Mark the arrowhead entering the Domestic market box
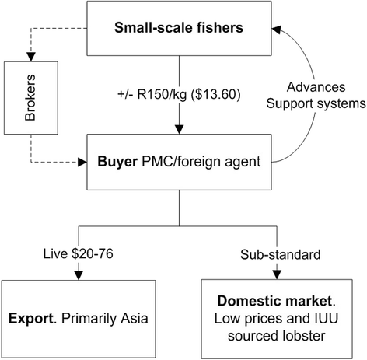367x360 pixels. coord(278,273)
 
